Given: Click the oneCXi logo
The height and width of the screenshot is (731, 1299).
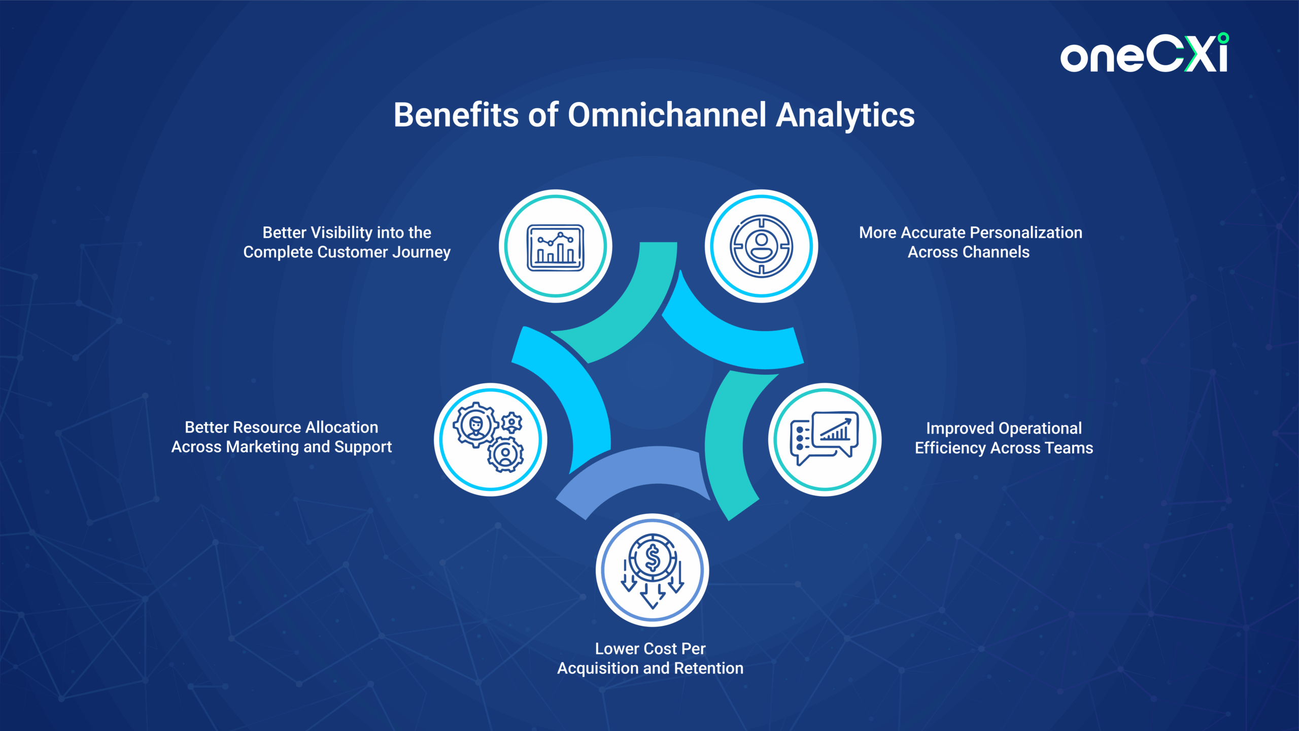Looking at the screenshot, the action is (1144, 53).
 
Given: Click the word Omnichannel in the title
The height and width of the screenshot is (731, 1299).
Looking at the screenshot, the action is (667, 115).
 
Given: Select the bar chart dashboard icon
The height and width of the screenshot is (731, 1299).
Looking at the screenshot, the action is (556, 247).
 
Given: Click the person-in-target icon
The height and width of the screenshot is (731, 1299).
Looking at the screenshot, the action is (761, 246).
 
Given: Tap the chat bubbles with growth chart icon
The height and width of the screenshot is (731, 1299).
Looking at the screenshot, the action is (825, 438).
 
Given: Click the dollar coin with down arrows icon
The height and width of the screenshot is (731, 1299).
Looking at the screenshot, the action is (653, 571).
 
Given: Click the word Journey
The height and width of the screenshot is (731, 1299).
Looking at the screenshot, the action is (421, 252).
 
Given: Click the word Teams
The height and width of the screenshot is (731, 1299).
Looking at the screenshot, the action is (1070, 448).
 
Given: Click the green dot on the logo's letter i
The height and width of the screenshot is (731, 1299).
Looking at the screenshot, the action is (1223, 38).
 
